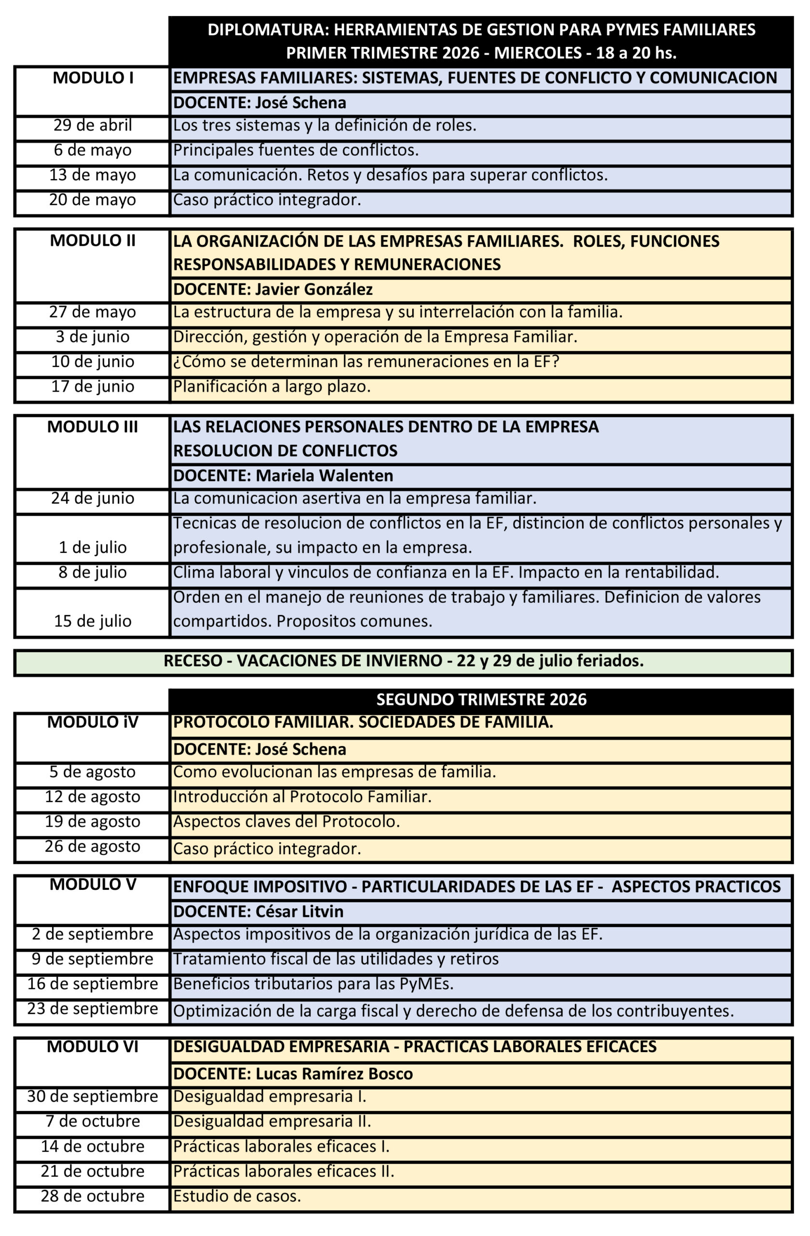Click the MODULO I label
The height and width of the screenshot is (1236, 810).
click(93, 78)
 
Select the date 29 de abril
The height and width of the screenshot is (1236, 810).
click(93, 125)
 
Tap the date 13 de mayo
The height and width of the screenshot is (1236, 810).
click(93, 175)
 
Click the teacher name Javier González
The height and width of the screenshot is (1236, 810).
click(314, 289)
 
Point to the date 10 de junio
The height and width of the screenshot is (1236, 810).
click(93, 362)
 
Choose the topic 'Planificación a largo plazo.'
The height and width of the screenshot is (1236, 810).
click(272, 386)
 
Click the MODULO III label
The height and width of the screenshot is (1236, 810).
click(93, 427)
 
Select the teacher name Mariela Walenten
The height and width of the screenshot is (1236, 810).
click(324, 476)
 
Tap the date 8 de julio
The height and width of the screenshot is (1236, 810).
click(93, 572)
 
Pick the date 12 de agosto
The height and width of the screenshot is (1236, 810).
click(93, 797)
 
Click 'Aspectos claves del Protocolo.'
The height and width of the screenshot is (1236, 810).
click(286, 822)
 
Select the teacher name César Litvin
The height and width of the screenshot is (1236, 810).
click(299, 912)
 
